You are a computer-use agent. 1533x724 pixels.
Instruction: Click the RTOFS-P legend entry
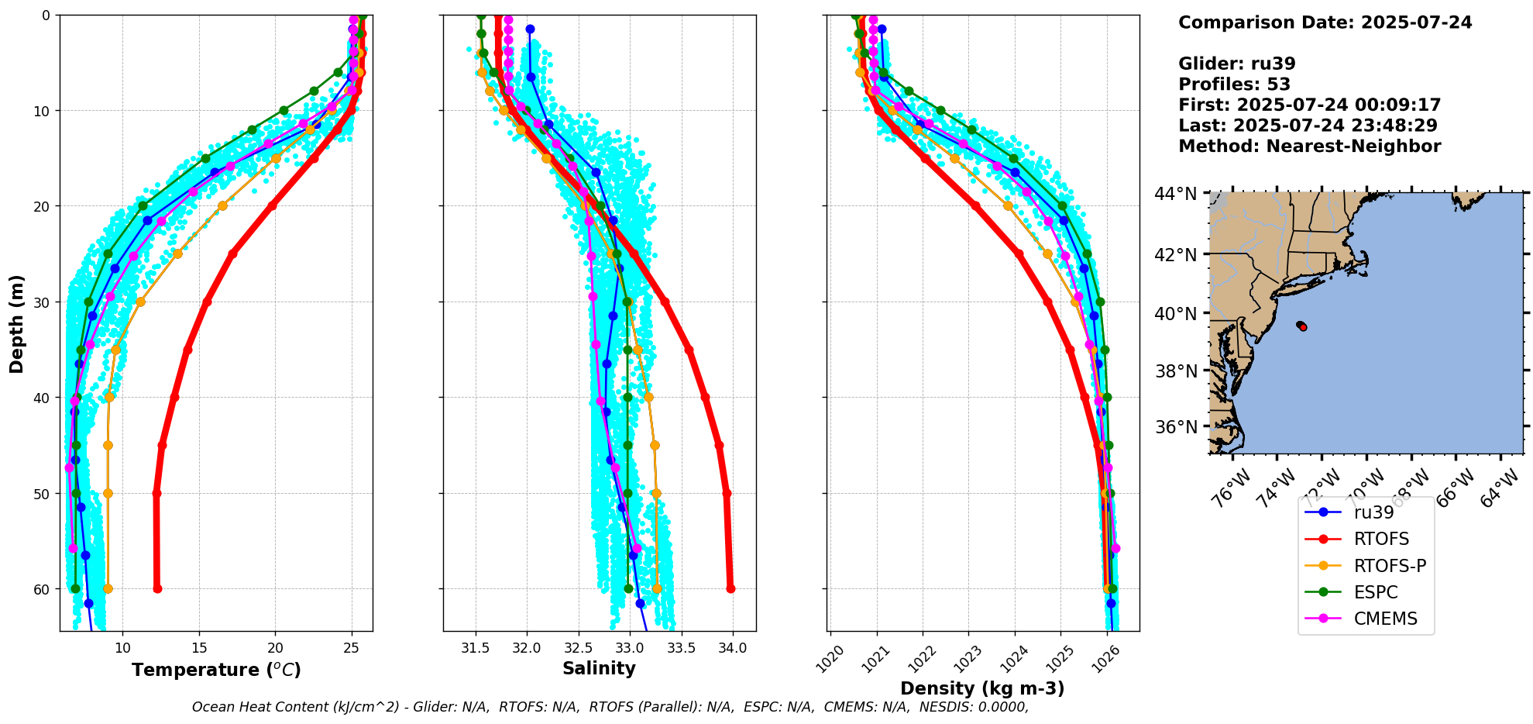[1390, 566]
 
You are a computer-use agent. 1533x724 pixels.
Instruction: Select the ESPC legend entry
[1376, 592]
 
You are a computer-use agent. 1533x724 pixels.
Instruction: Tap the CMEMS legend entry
[1385, 619]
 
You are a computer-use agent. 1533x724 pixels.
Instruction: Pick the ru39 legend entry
[1373, 512]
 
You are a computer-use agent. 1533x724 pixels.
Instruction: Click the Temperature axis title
[216, 670]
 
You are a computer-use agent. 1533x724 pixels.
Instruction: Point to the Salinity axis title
[599, 668]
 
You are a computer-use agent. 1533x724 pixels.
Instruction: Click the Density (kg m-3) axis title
[982, 688]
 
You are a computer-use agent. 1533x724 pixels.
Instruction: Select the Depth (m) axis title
[17, 323]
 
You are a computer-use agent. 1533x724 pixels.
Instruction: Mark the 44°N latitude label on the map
[1176, 193]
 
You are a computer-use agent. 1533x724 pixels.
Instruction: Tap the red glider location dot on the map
[1303, 327]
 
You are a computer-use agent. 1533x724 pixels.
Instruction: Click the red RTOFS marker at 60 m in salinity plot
[730, 588]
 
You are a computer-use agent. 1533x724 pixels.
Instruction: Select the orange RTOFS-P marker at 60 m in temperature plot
[108, 589]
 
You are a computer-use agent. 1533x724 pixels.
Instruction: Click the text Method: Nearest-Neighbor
[1309, 147]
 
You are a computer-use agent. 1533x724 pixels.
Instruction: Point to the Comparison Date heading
[1325, 22]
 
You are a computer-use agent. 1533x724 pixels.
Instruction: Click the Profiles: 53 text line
[1234, 84]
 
